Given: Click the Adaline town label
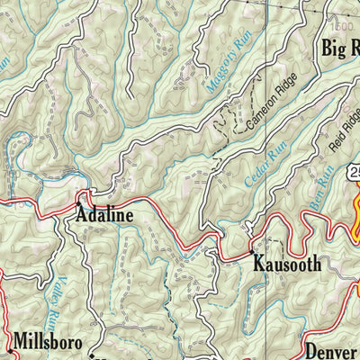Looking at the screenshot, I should click(104, 215).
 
